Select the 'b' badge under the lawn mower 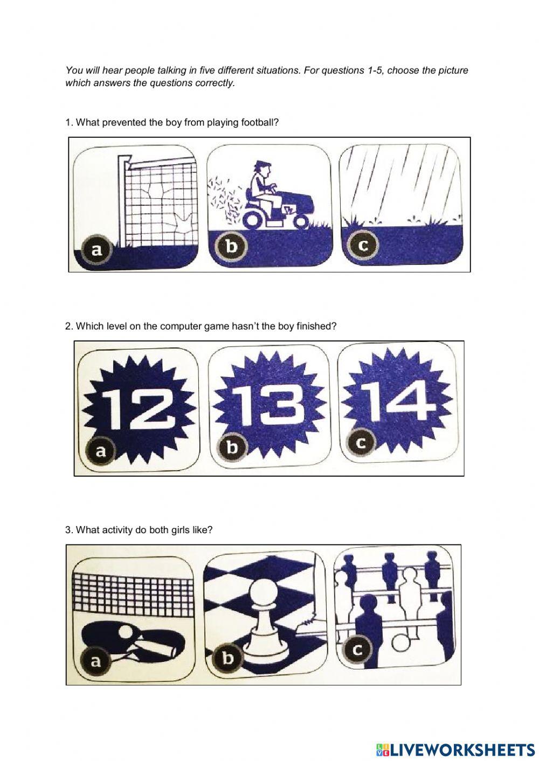[x=231, y=246]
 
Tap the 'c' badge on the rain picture [x=363, y=245]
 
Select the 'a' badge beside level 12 [x=100, y=451]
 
